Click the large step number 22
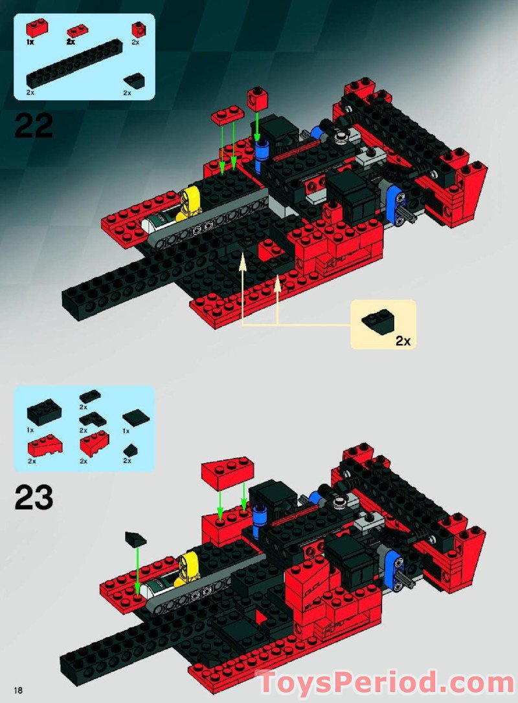(x=34, y=126)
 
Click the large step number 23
(x=34, y=497)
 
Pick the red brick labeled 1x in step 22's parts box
(x=36, y=28)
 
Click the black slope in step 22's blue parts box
(x=135, y=80)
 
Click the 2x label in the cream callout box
(x=403, y=341)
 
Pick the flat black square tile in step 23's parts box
(x=136, y=416)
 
